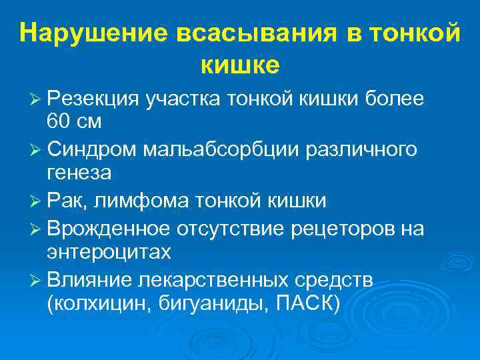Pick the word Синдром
click(x=91, y=149)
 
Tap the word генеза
click(x=79, y=173)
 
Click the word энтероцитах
click(x=109, y=253)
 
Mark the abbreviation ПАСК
click(x=305, y=303)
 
